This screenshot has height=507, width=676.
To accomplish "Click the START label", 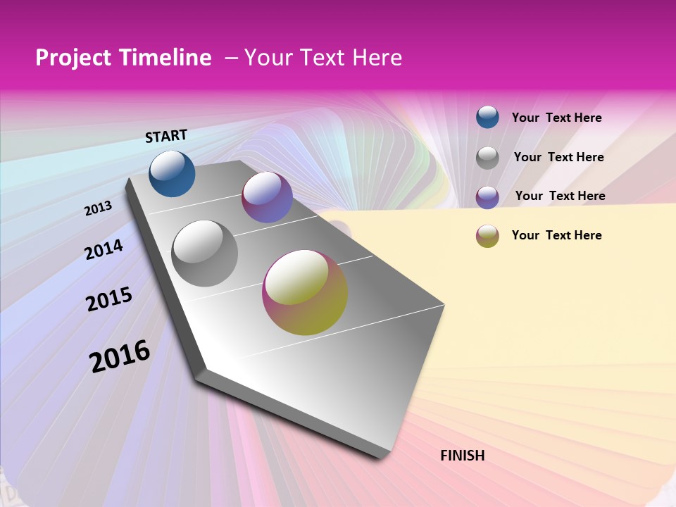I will (166, 136).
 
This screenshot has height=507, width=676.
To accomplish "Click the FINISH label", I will (463, 456).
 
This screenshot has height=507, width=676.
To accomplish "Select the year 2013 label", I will (99, 208).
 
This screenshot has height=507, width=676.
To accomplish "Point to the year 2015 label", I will (109, 299).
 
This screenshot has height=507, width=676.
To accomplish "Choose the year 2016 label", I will (120, 356).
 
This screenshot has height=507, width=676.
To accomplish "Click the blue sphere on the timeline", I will (172, 173).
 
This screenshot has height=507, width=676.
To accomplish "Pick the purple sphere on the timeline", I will (267, 197).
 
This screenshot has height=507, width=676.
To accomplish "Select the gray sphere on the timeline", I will (205, 253).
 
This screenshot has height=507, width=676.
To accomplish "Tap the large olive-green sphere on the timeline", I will (305, 292).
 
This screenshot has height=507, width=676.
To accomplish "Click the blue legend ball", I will (487, 117).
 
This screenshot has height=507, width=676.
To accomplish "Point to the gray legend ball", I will (487, 158).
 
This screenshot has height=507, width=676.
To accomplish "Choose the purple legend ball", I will (487, 197).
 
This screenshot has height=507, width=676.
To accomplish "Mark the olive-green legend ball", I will (487, 236).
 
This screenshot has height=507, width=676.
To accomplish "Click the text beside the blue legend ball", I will (556, 118).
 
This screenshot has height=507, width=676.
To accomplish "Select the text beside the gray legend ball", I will (558, 157).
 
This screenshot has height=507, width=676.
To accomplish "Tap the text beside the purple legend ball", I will (560, 196).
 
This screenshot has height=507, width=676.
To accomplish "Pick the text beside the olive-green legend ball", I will (556, 235).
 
